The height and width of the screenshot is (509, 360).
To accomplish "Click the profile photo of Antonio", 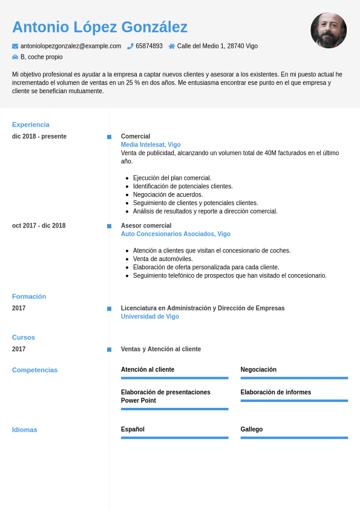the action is [329, 30].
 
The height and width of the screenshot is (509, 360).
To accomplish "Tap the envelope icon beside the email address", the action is [15, 46].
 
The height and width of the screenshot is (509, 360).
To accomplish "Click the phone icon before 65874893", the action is [130, 46].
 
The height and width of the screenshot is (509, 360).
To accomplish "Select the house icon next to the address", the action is [172, 46].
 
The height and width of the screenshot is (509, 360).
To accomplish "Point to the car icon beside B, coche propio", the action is [15, 57].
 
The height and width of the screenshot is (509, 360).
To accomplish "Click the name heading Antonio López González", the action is [100, 27].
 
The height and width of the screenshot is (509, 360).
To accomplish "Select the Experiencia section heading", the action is [31, 125].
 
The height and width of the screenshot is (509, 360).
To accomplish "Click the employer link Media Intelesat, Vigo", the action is [151, 145].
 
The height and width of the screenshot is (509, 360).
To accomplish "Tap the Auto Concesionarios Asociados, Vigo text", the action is [175, 234].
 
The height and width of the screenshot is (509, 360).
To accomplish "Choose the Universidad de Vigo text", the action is [150, 317].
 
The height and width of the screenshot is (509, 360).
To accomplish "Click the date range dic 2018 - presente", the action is [39, 136].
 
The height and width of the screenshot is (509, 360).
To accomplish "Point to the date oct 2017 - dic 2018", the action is [39, 226].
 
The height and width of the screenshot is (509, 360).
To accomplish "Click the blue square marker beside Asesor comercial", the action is [109, 226].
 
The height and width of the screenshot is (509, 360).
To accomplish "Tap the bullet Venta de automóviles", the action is [163, 259].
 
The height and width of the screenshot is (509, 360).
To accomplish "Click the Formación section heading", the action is [29, 297].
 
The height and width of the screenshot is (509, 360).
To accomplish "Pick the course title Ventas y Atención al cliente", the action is [161, 349].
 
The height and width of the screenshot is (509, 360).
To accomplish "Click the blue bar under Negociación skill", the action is [294, 378].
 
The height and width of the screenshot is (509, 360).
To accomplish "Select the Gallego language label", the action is [252, 429].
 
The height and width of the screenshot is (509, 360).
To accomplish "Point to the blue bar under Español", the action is [174, 438].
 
